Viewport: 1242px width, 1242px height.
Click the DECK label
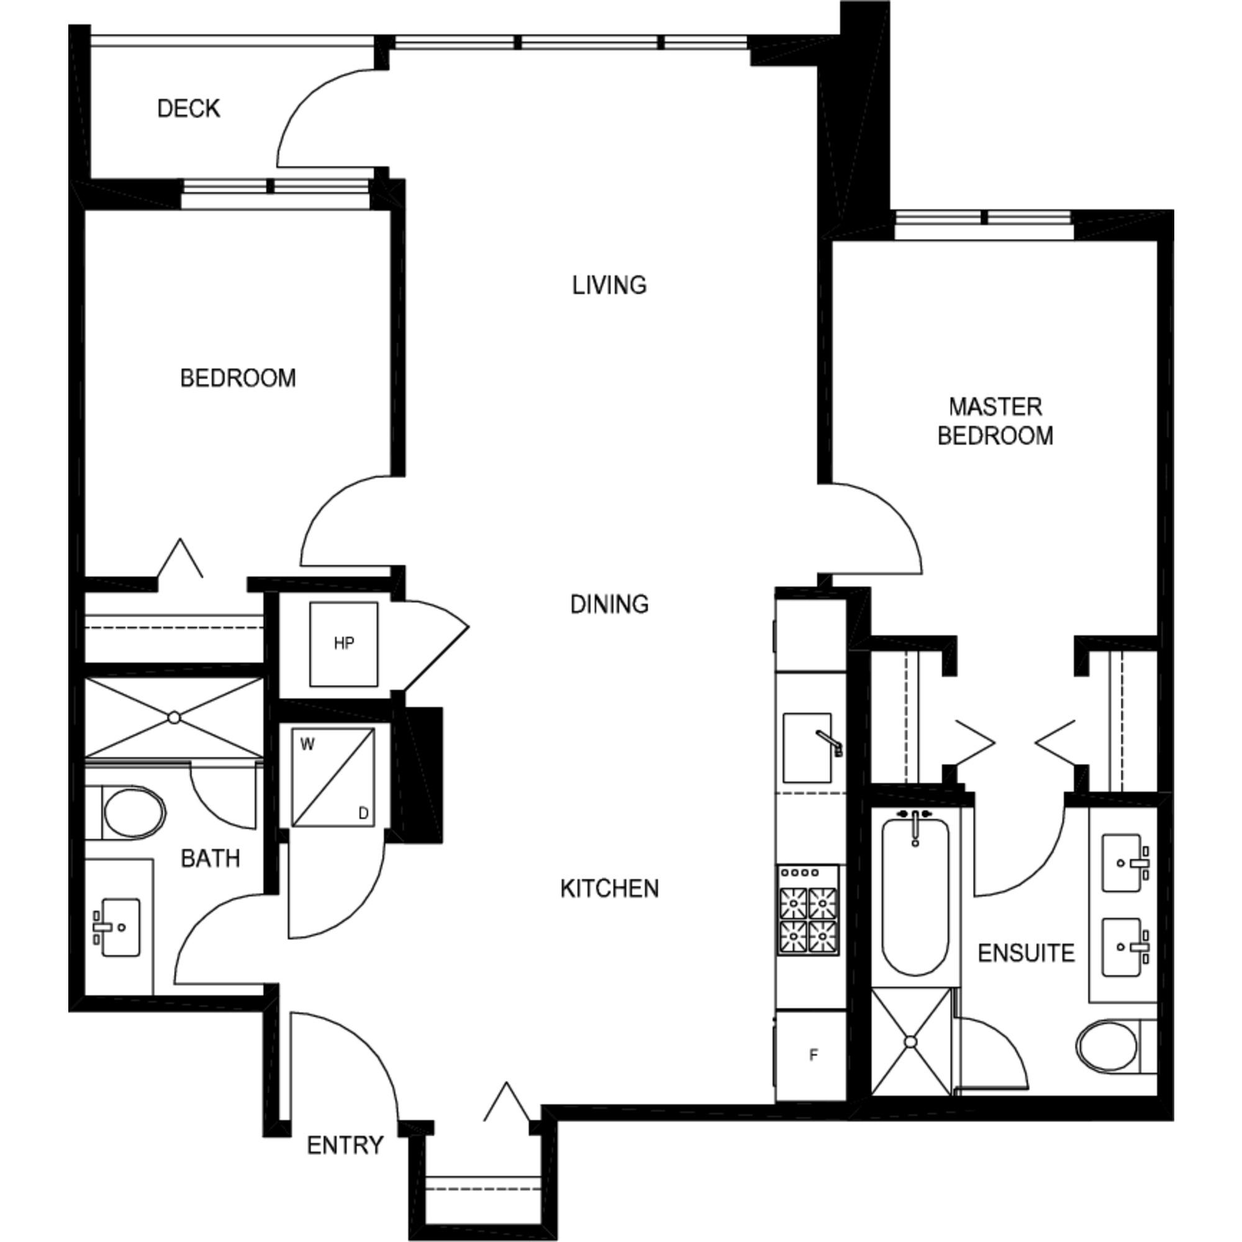point(188,109)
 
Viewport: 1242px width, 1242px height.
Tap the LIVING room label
point(609,285)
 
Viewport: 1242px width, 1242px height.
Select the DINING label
point(609,604)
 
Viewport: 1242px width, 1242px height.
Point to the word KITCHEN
point(609,889)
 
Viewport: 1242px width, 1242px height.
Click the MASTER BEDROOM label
point(995,421)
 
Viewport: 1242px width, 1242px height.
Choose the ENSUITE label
point(1026,953)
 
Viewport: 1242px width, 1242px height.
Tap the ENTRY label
point(345,1145)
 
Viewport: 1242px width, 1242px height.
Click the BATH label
point(211,858)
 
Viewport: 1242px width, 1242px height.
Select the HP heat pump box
point(344,643)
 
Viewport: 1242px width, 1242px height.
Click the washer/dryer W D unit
point(333,777)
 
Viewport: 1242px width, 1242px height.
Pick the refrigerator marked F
point(810,1055)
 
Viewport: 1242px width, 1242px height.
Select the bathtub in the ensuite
point(915,895)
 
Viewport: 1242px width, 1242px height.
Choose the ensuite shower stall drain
point(911,1041)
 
